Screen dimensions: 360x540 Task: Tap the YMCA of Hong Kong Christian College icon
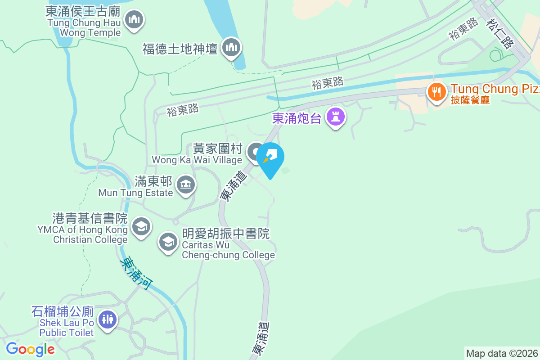tap(141, 226)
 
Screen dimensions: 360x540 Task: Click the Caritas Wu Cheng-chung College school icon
tap(168, 243)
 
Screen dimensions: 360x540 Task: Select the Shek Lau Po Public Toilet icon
tap(107, 320)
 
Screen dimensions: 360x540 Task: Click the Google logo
tap(30, 349)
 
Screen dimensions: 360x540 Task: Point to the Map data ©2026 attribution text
tap(502, 353)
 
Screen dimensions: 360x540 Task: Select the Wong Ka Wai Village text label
tap(197, 160)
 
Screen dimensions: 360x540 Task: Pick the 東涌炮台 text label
tap(297, 118)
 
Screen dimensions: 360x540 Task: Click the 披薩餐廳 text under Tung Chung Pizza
tap(470, 100)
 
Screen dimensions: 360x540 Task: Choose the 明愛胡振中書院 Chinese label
tap(226, 234)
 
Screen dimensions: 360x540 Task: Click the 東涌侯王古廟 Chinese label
tap(82, 10)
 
